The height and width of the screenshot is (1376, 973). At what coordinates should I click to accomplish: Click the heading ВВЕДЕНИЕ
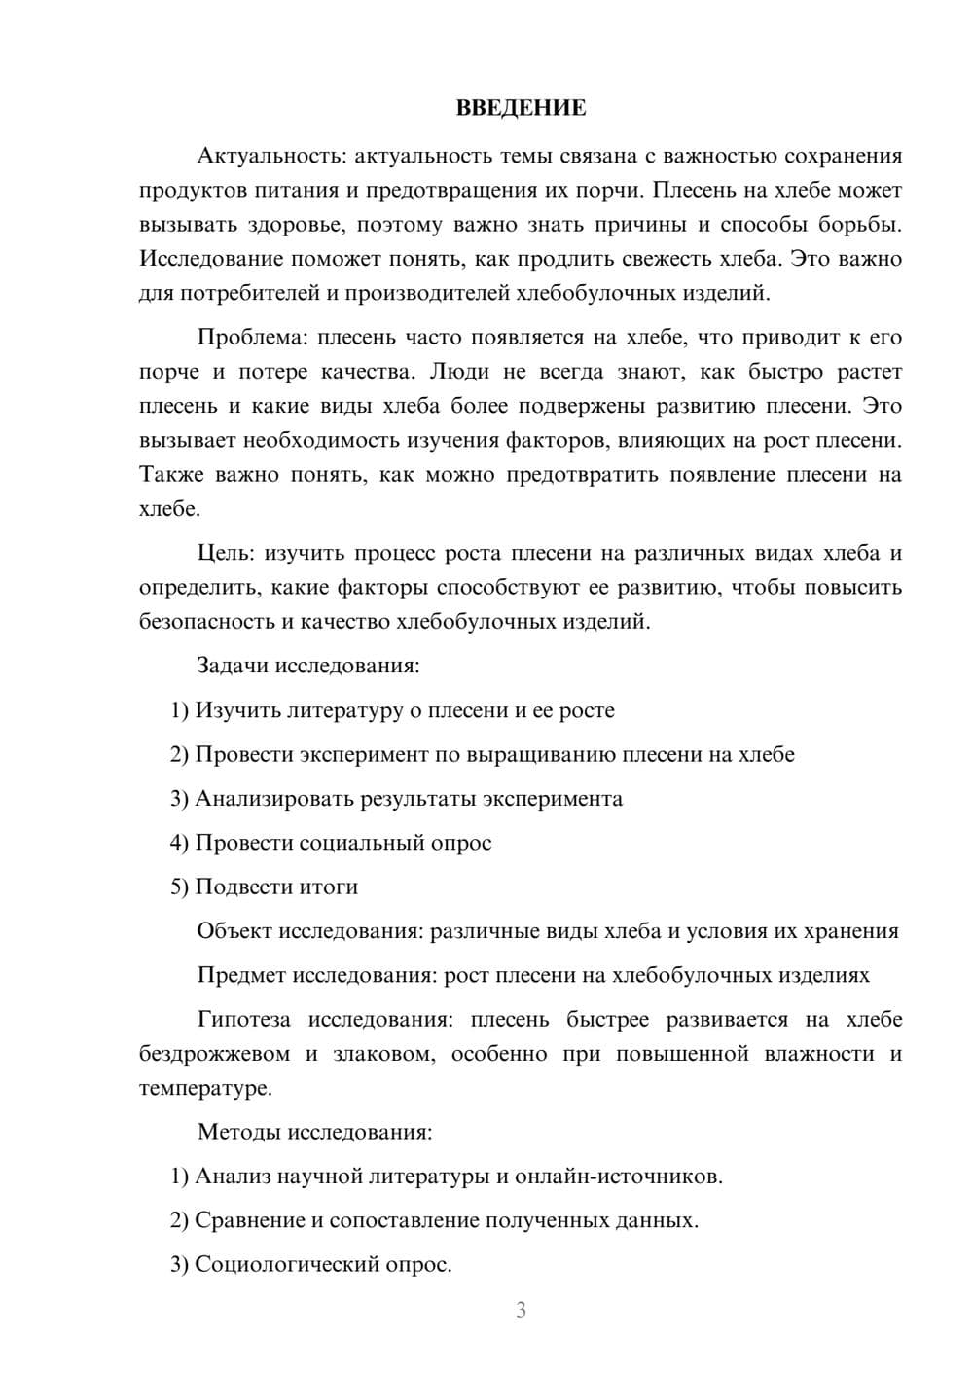pos(521,108)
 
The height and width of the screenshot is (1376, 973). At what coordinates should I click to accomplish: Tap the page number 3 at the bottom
pos(521,1310)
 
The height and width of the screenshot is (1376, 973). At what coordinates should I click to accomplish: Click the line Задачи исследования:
pos(308,666)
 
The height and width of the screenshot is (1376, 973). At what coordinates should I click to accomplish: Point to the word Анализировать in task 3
pos(273,799)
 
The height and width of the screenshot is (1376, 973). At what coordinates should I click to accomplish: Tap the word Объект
pos(234,931)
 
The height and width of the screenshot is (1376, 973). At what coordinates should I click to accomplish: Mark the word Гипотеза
pos(243,1020)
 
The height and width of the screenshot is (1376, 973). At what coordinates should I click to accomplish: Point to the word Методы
pos(234,1132)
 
